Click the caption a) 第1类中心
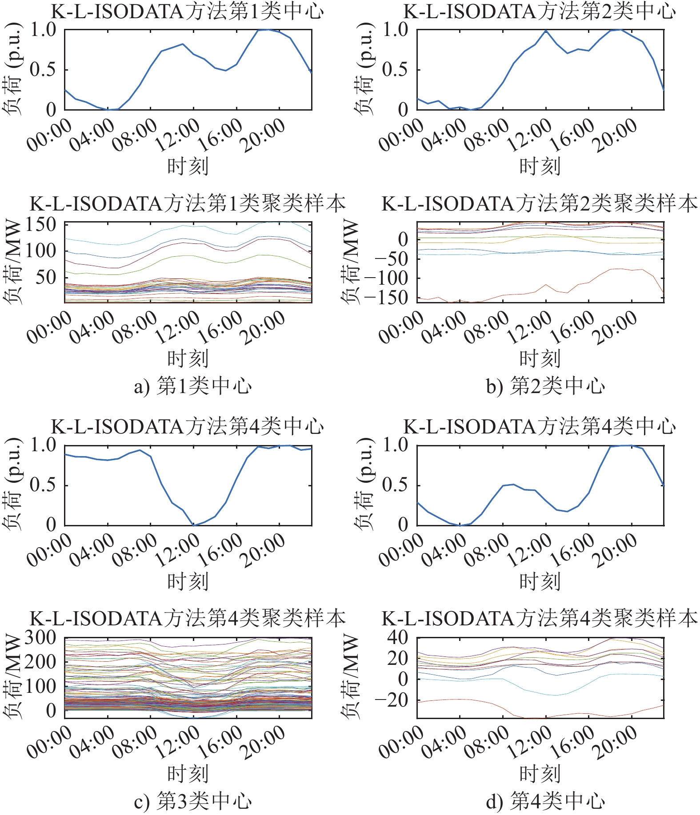click(x=192, y=386)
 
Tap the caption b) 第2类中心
click(x=545, y=386)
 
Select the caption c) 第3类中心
click(x=192, y=802)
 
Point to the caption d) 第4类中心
click(x=545, y=802)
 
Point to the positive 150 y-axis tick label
click(x=41, y=225)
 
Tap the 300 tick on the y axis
click(x=41, y=639)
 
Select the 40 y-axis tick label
click(x=397, y=639)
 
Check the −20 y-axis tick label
click(x=391, y=701)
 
